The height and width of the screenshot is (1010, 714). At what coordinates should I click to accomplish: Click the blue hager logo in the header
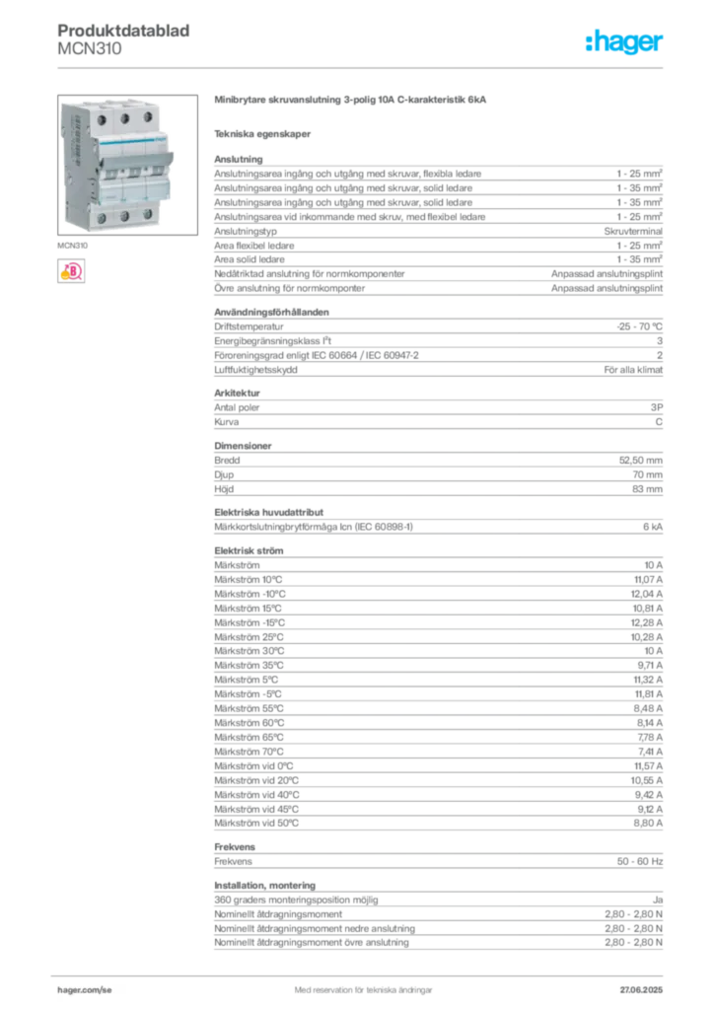(625, 42)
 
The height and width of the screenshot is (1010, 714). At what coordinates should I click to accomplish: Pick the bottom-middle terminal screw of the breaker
(125, 215)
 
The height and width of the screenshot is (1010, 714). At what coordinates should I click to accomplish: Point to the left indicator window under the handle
(106, 176)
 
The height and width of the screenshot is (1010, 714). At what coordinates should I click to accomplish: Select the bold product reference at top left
(126, 30)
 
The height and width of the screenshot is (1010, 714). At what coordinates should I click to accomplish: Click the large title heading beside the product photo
(350, 101)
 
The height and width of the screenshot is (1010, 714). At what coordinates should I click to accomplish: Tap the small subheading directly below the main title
(264, 133)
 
